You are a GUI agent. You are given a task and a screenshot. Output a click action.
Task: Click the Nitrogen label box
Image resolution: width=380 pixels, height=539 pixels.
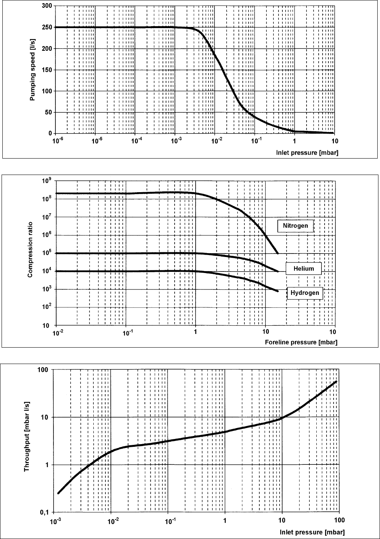[296, 226]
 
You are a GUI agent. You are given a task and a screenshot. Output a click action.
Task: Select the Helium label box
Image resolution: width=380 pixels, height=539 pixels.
[303, 269]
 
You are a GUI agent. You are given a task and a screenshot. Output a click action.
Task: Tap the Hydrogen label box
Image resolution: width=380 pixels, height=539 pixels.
[305, 293]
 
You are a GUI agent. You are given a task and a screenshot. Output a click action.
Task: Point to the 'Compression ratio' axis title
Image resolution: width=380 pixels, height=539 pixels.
[30, 253]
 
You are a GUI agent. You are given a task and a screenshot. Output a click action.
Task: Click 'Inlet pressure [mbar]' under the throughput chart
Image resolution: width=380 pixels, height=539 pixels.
[312, 532]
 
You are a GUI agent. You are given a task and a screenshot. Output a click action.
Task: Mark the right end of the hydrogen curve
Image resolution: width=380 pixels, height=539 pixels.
[277, 291]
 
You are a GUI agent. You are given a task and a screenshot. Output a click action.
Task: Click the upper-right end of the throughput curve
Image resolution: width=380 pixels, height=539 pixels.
[336, 382]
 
